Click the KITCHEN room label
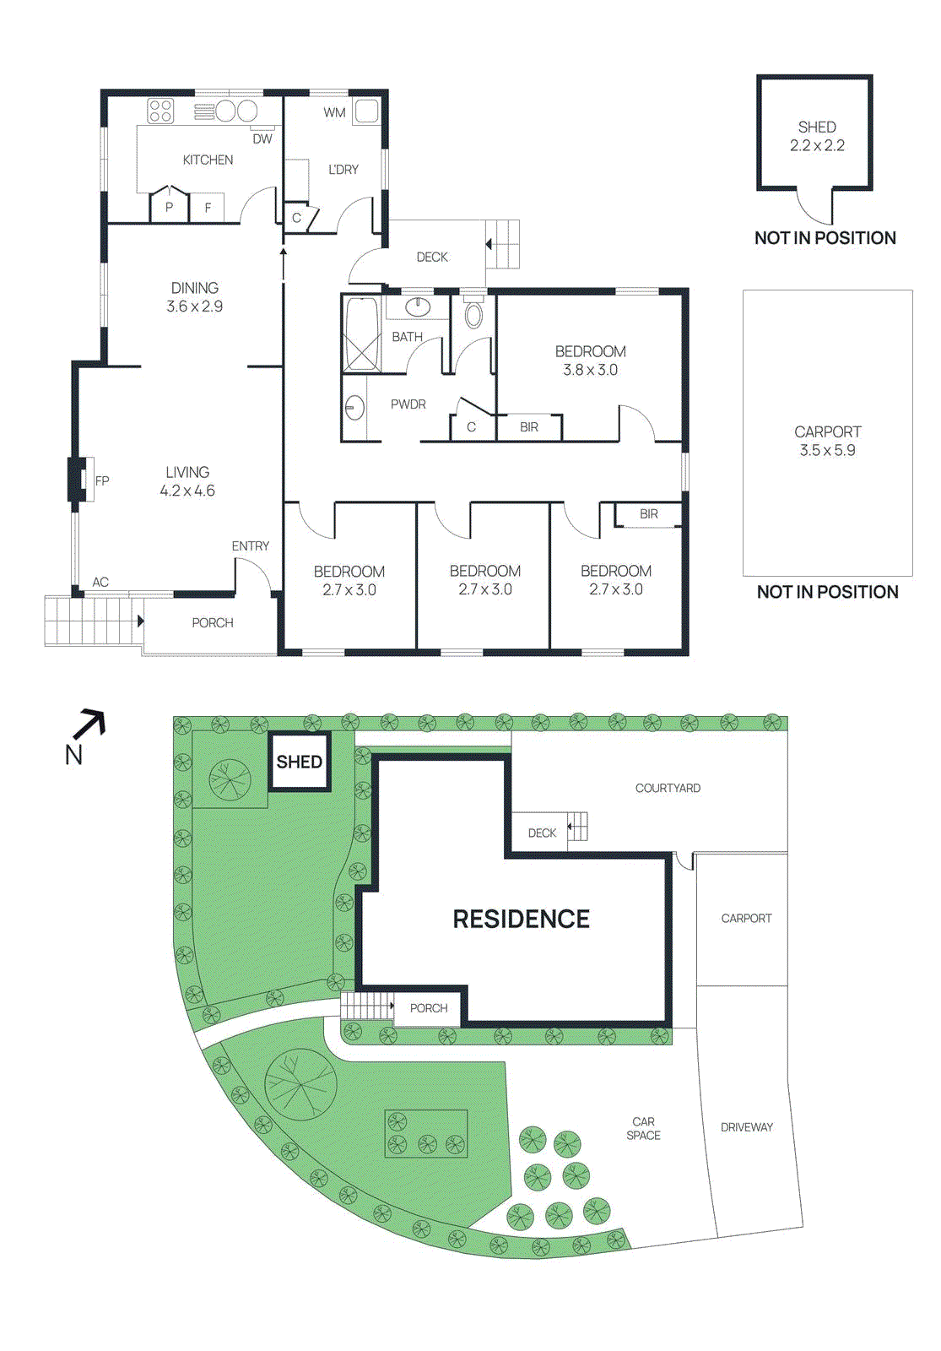coord(208,160)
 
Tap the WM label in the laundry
coord(334,112)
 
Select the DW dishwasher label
coord(262,138)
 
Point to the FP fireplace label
coord(102,480)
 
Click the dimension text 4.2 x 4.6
coord(187,491)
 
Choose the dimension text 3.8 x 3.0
coord(590,370)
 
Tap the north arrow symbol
coord(89,724)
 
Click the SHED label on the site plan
coord(299,762)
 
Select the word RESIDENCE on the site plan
coord(521,919)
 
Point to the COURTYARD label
coord(668,788)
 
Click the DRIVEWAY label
coord(746,1126)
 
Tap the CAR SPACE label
coord(643,1128)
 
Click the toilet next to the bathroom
coord(473,314)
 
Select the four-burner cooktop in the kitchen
coord(160,111)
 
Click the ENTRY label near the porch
coord(251,546)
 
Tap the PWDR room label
coord(408,404)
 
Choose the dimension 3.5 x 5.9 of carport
coord(827,451)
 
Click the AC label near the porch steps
coord(100,582)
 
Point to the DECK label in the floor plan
coord(432,257)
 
